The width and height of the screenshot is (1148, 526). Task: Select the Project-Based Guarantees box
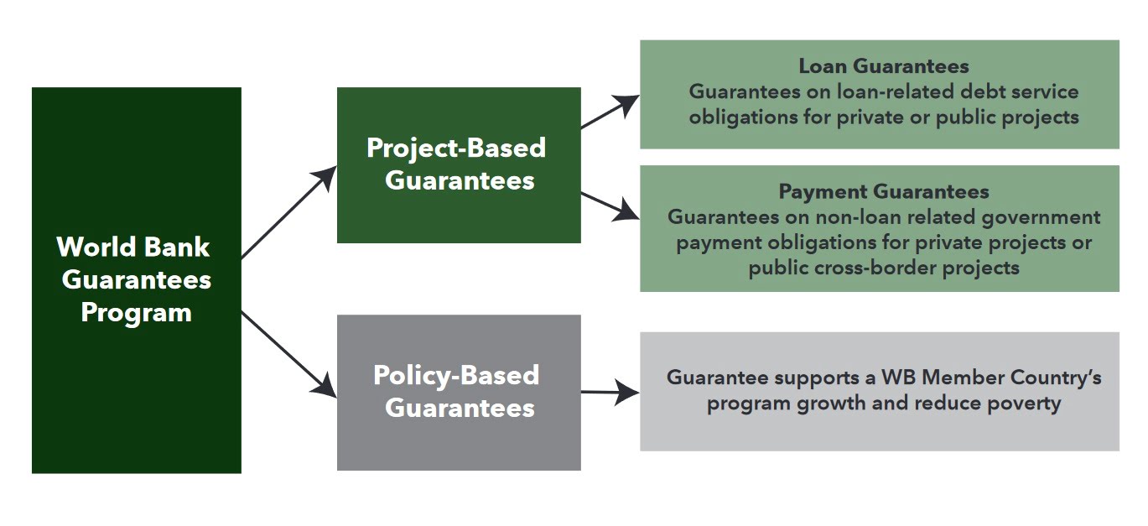point(459,165)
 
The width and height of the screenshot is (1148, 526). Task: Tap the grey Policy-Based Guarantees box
point(459,392)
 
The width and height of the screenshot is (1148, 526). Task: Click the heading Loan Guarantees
point(883,66)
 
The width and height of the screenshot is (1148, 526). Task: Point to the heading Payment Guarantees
point(883,191)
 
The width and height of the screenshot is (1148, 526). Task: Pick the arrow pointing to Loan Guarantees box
point(610,112)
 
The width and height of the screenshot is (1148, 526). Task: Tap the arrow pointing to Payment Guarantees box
point(610,206)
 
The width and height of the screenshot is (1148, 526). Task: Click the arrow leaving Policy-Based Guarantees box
point(610,392)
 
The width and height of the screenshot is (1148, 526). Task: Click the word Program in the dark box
point(136,313)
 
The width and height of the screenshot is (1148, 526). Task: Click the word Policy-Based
point(456,375)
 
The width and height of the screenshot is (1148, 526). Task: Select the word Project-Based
point(456,148)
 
